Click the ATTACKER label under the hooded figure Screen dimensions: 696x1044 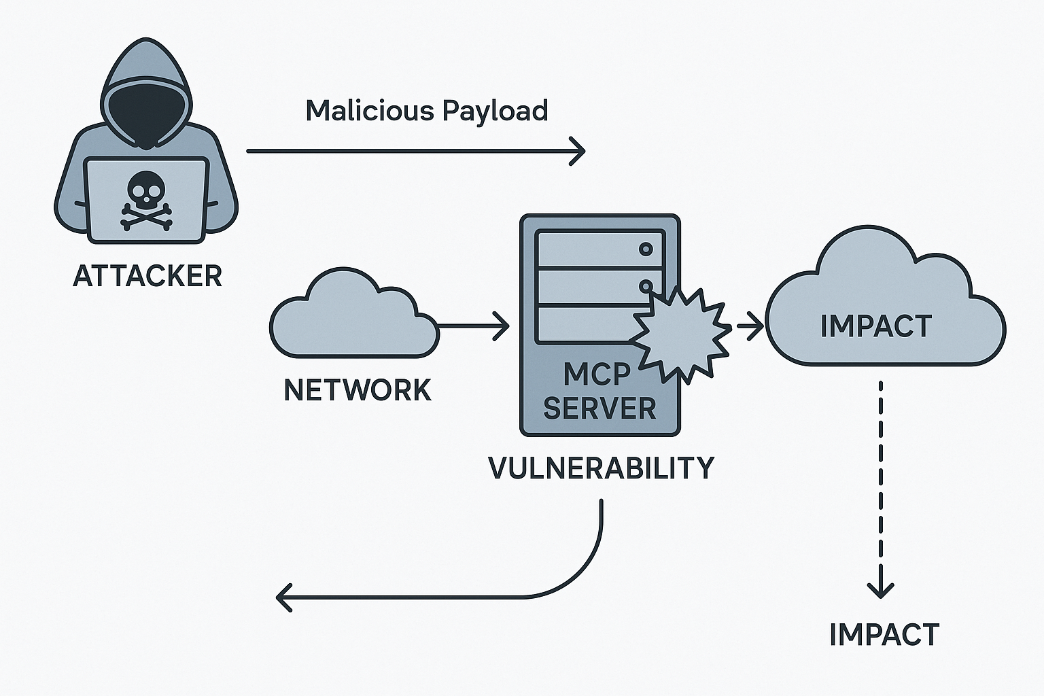point(147,276)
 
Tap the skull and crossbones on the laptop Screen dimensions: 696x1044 point(146,201)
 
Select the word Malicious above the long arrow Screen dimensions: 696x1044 point(364,110)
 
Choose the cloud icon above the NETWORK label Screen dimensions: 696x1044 point(353,316)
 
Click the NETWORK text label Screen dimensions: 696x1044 point(358,390)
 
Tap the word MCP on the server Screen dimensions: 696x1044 point(597,373)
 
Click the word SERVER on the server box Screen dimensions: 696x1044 point(599,408)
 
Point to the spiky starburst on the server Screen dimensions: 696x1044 point(682,334)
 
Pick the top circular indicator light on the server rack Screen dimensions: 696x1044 point(646,249)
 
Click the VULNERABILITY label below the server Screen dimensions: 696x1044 point(602,468)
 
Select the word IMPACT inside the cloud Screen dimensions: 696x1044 point(875,326)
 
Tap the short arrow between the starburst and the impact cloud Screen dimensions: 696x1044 point(750,326)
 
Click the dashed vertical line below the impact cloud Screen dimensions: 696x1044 point(881,476)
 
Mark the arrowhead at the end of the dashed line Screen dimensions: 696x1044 point(881,589)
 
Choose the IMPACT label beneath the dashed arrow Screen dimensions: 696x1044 point(884,635)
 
